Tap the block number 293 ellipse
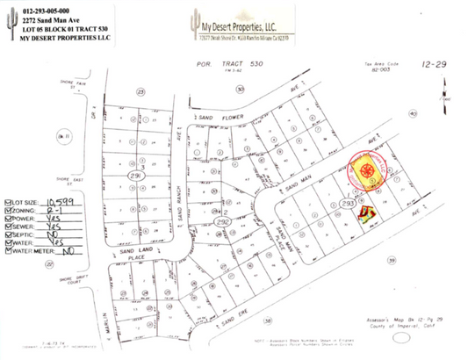(x=348, y=203)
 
